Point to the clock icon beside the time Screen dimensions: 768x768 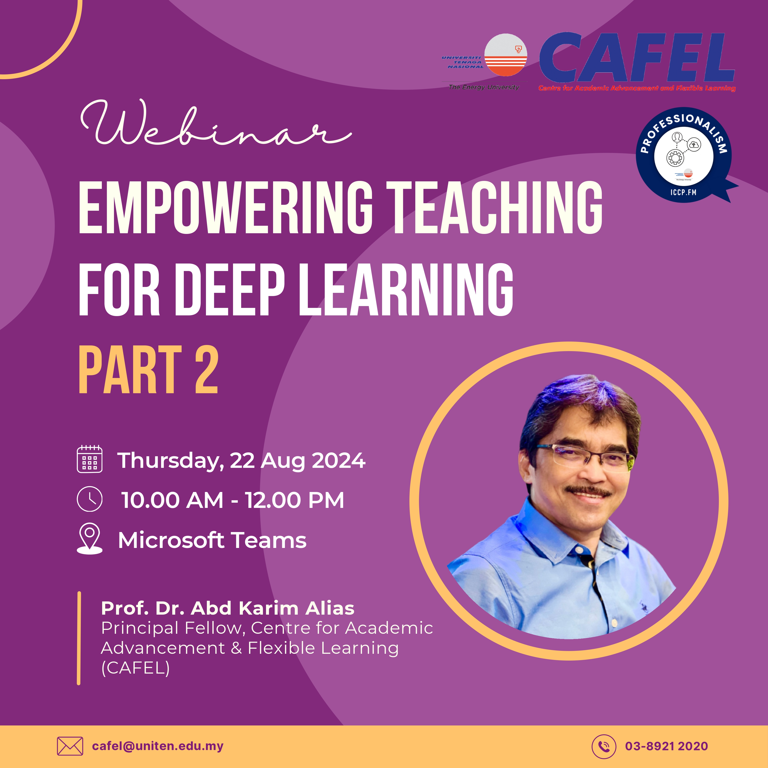click(x=89, y=499)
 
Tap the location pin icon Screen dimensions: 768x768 click(x=89, y=539)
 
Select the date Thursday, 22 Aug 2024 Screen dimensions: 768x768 click(x=241, y=461)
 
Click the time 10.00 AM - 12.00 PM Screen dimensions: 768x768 click(x=233, y=500)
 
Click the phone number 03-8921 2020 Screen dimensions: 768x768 click(x=667, y=746)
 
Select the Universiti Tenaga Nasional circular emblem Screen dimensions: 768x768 click(x=506, y=55)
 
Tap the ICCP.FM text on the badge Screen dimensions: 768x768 click(x=683, y=192)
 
